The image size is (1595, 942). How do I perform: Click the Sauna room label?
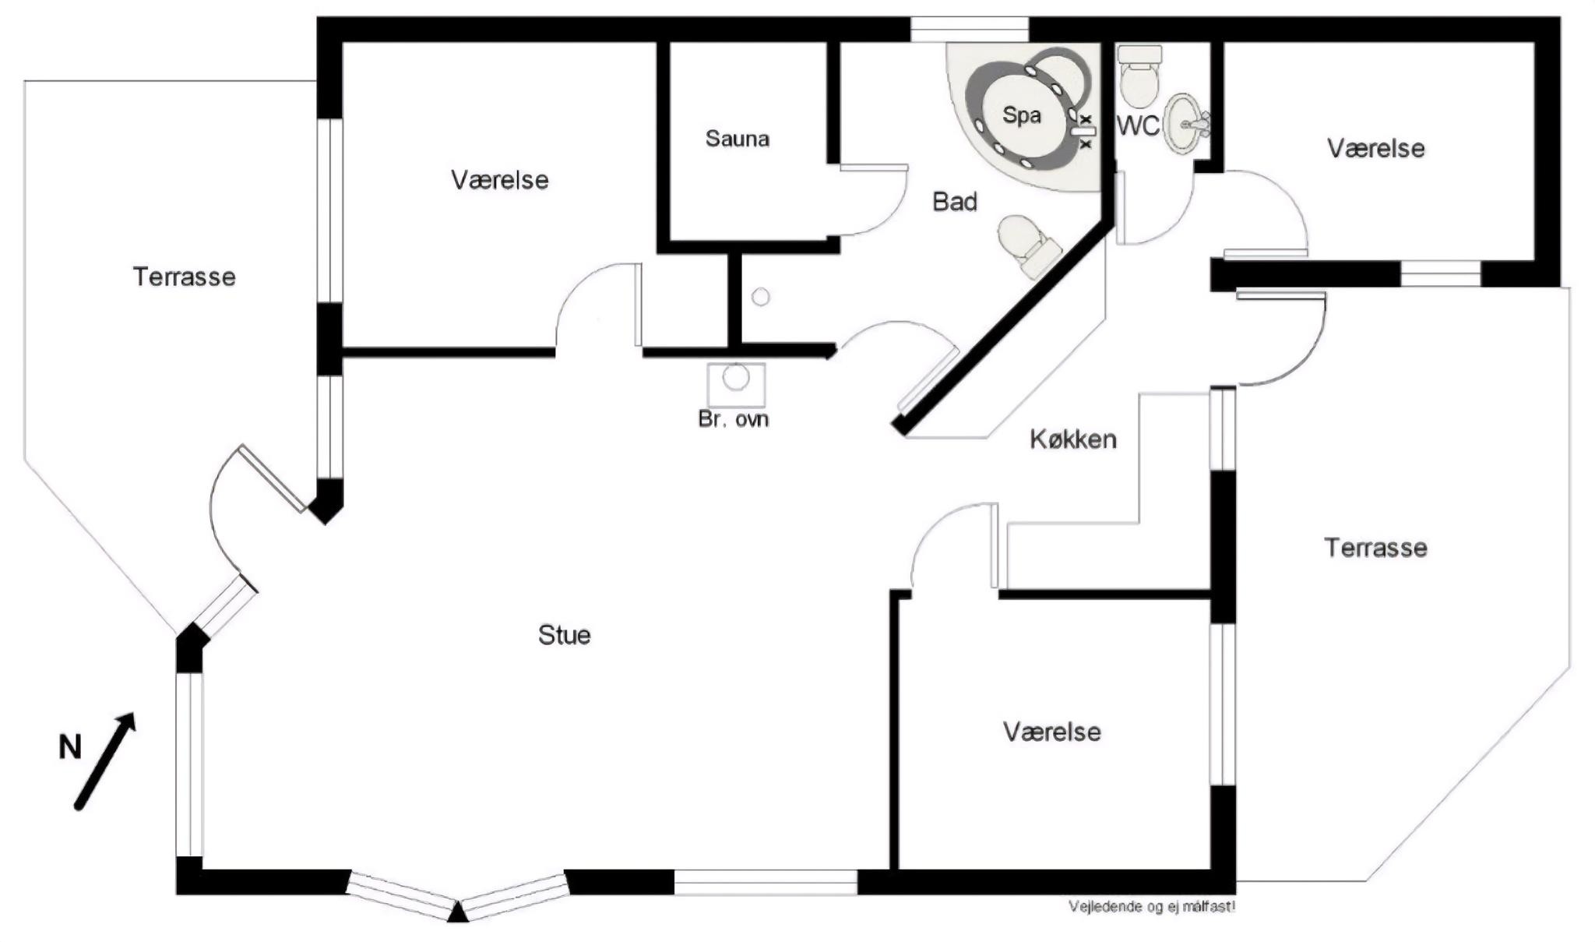click(x=737, y=139)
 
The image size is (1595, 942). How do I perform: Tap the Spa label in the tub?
click(x=1021, y=115)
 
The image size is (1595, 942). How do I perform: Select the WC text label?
click(x=1138, y=125)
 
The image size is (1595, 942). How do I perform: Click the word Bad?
click(x=954, y=202)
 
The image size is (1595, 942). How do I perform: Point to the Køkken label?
click(x=1073, y=439)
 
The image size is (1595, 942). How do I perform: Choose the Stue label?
click(x=564, y=635)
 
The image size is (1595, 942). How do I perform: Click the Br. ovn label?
click(x=733, y=419)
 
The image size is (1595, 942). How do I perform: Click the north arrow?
click(x=105, y=761)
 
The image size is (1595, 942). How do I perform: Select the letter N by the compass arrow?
click(x=70, y=748)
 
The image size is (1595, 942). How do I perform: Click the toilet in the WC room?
click(x=1139, y=76)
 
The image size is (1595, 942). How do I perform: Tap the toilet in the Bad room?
click(x=1028, y=245)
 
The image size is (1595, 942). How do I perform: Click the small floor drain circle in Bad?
click(x=761, y=297)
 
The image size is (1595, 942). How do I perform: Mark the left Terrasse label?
click(x=184, y=277)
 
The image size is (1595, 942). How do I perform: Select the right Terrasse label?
click(x=1375, y=548)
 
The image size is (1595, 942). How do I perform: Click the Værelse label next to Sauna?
click(x=499, y=180)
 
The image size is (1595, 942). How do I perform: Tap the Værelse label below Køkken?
click(x=1051, y=732)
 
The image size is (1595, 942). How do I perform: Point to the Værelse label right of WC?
click(x=1375, y=148)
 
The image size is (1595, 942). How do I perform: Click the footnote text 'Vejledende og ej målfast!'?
click(x=1152, y=906)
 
